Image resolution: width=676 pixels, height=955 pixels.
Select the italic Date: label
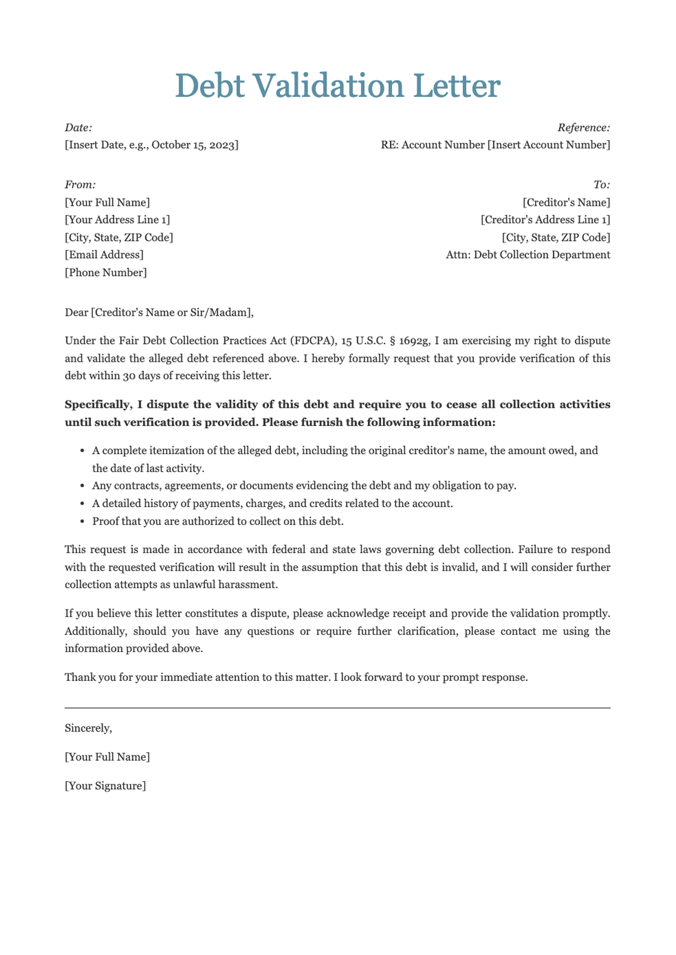(x=78, y=128)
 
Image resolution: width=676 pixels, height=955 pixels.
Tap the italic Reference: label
(x=584, y=128)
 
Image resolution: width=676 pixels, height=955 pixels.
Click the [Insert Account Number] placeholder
(x=549, y=145)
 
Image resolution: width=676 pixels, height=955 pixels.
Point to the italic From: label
(x=80, y=185)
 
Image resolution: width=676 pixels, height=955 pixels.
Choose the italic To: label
(x=602, y=185)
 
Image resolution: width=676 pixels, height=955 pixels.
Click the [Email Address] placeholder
(x=104, y=255)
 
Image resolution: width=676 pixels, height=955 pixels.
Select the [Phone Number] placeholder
(x=106, y=273)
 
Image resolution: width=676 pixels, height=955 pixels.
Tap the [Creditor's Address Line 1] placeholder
(x=545, y=220)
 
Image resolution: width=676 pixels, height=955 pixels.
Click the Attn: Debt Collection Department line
(x=528, y=255)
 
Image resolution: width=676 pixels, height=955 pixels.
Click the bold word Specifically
(x=96, y=405)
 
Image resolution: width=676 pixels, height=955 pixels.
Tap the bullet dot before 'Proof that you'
(x=82, y=522)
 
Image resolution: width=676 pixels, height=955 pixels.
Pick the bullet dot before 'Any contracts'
(x=82, y=486)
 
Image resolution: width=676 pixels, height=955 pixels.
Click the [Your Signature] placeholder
(x=105, y=786)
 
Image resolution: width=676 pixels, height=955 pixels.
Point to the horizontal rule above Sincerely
(x=337, y=708)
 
